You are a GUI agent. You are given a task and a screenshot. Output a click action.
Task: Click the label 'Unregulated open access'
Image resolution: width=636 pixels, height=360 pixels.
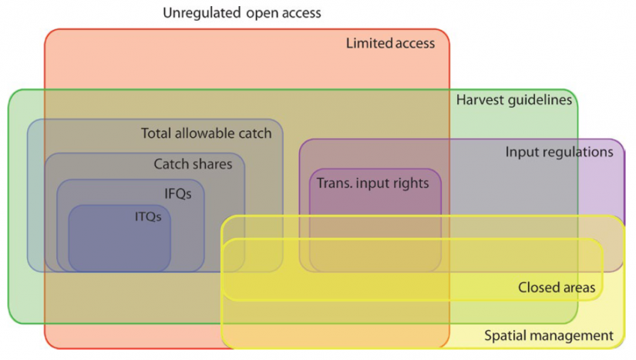pyautogui.click(x=242, y=13)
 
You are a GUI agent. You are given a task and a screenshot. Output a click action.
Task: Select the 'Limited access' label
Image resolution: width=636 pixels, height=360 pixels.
pyautogui.click(x=390, y=43)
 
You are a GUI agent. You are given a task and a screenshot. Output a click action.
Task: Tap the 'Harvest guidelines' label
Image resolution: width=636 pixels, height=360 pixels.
pyautogui.click(x=514, y=99)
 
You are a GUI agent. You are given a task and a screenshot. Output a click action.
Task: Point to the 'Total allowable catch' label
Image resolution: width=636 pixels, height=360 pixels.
pyautogui.click(x=207, y=133)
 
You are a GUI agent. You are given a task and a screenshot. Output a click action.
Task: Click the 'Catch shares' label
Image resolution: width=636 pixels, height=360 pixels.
pyautogui.click(x=193, y=163)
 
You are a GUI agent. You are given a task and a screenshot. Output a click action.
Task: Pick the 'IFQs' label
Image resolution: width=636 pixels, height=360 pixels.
pyautogui.click(x=177, y=193)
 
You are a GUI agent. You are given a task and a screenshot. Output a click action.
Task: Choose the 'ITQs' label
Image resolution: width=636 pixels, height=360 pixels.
pyautogui.click(x=147, y=217)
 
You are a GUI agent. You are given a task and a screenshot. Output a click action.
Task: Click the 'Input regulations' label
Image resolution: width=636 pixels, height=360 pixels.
pyautogui.click(x=559, y=152)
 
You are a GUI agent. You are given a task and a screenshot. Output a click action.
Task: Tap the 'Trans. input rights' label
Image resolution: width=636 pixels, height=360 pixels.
pyautogui.click(x=373, y=183)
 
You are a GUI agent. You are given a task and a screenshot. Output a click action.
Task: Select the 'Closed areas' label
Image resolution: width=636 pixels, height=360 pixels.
pyautogui.click(x=557, y=288)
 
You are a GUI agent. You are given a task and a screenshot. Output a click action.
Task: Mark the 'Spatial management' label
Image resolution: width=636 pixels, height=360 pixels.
pyautogui.click(x=548, y=335)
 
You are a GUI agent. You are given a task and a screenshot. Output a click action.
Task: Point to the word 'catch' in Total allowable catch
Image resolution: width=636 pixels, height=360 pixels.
pyautogui.click(x=254, y=133)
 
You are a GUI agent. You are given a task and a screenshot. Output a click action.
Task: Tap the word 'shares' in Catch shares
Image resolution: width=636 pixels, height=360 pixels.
pyautogui.click(x=212, y=163)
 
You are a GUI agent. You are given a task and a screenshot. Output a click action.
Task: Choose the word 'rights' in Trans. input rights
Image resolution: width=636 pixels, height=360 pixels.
pyautogui.click(x=411, y=183)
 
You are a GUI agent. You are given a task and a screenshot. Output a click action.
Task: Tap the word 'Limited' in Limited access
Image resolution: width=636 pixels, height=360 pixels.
pyautogui.click(x=368, y=43)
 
